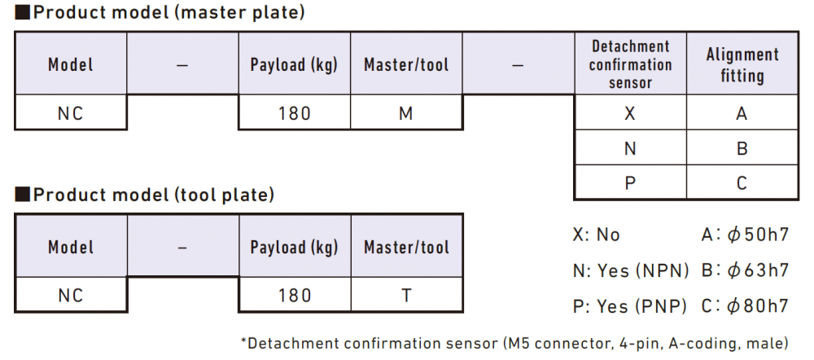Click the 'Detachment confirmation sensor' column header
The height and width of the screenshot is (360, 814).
tap(630, 64)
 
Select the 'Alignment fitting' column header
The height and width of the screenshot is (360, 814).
tap(742, 64)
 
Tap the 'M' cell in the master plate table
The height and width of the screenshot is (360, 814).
tap(406, 112)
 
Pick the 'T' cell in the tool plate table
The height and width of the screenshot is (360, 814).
tap(406, 295)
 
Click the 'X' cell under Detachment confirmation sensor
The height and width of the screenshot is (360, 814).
tap(630, 112)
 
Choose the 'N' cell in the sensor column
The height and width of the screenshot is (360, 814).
tap(630, 148)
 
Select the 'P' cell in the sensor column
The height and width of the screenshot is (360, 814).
tap(630, 183)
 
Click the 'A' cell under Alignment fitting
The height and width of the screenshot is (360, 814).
tap(742, 112)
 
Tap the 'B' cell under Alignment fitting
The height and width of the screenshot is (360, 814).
tap(742, 148)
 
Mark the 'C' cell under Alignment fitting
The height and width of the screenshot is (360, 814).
tap(742, 183)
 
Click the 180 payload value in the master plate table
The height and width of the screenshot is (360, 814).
tap(295, 112)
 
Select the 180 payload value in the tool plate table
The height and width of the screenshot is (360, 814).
tap(295, 295)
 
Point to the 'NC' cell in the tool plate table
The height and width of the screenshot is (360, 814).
tap(71, 295)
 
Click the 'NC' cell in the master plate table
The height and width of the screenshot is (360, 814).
tap(71, 112)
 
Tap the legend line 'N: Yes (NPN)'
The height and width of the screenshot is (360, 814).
tap(630, 270)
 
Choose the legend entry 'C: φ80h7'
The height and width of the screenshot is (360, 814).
tap(745, 305)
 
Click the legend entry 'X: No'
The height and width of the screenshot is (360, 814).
tap(597, 235)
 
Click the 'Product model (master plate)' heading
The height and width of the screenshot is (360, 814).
tap(160, 12)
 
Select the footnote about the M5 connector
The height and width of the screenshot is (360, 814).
tap(514, 343)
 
